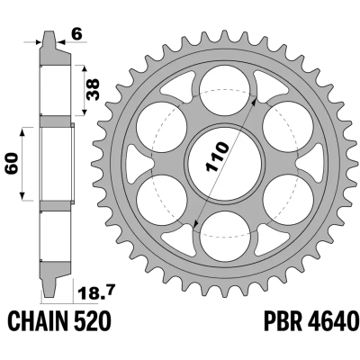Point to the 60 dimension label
click(x=13, y=164)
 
